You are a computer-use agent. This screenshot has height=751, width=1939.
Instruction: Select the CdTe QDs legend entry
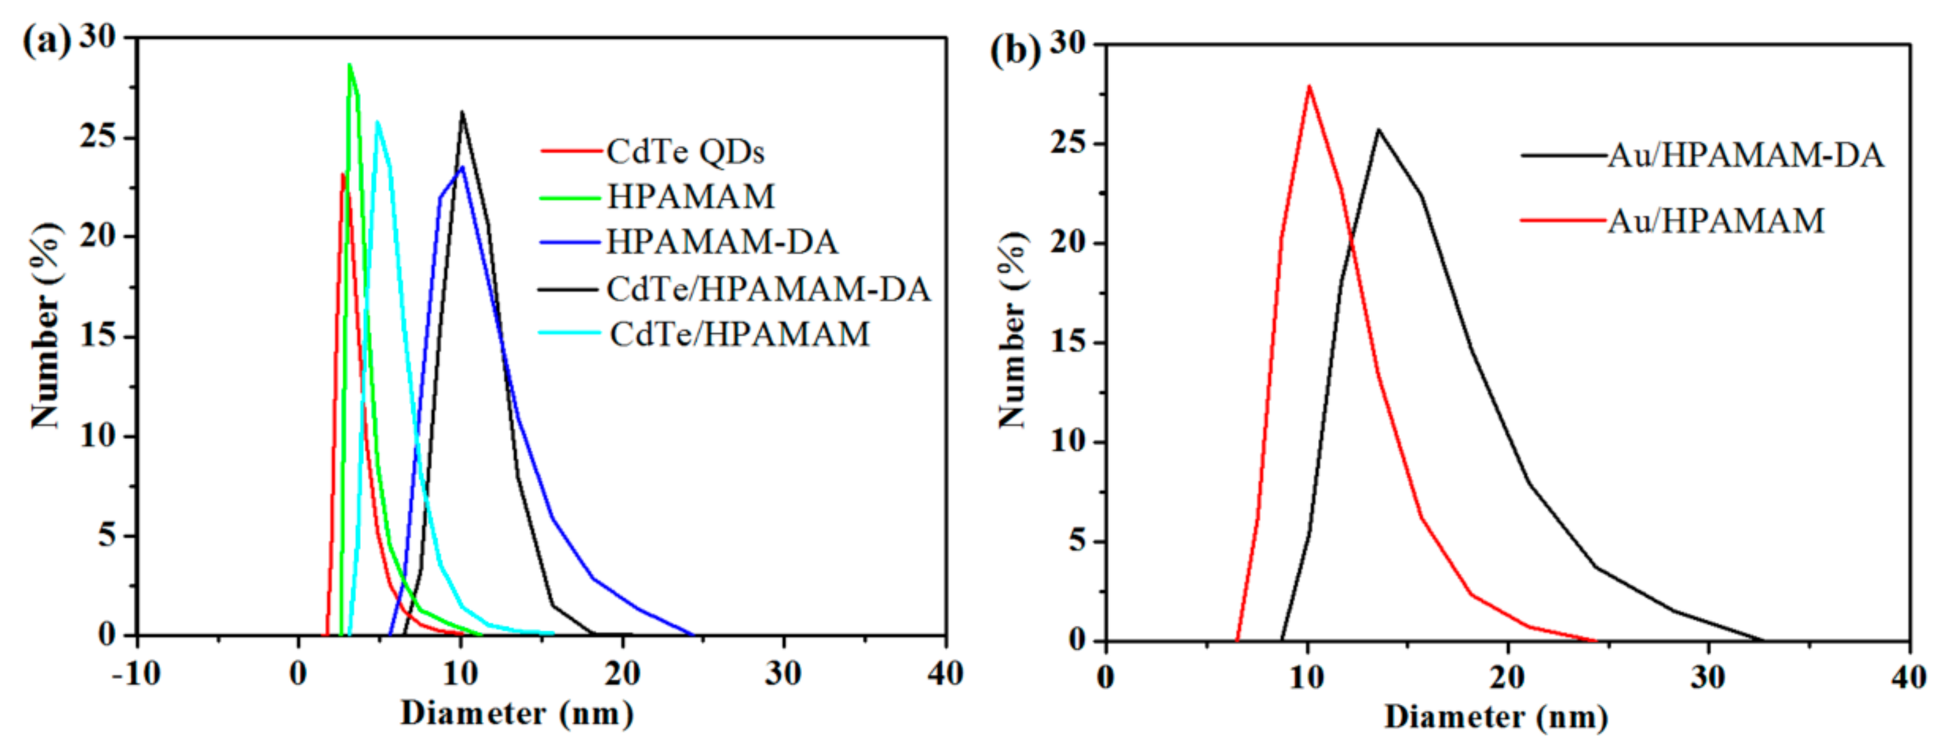point(685,151)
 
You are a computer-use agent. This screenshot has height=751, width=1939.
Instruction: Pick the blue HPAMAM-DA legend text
point(721,241)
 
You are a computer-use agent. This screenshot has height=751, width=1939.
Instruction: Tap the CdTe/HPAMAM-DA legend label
point(767,289)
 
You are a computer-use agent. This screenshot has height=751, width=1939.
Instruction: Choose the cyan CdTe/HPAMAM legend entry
point(739,334)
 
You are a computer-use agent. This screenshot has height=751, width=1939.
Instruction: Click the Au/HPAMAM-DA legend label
point(1745,155)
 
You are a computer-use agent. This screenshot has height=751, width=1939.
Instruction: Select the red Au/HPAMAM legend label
point(1715,220)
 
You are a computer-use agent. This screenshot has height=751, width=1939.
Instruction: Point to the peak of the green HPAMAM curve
point(349,65)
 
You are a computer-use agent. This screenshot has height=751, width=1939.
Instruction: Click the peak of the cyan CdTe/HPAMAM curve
point(377,121)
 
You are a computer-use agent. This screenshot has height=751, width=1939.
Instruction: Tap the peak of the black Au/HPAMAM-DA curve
point(1378,129)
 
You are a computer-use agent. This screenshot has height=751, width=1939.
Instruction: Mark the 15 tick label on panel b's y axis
point(1069,342)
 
